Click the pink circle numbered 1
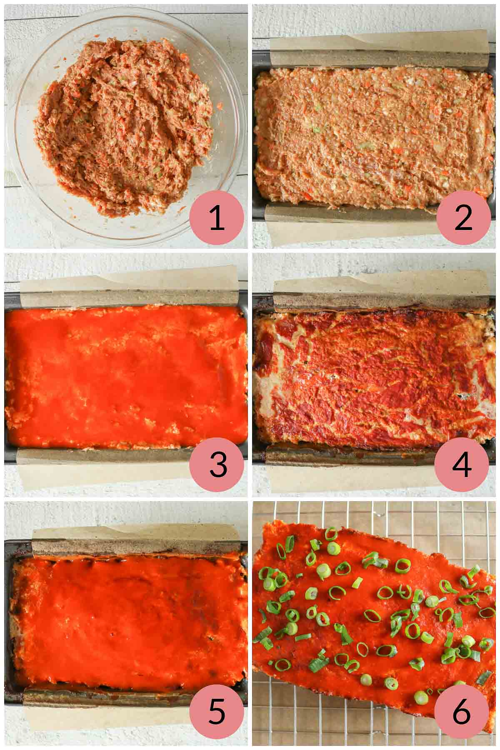(217, 219)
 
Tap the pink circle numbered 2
(463, 219)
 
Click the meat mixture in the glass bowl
(125, 125)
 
